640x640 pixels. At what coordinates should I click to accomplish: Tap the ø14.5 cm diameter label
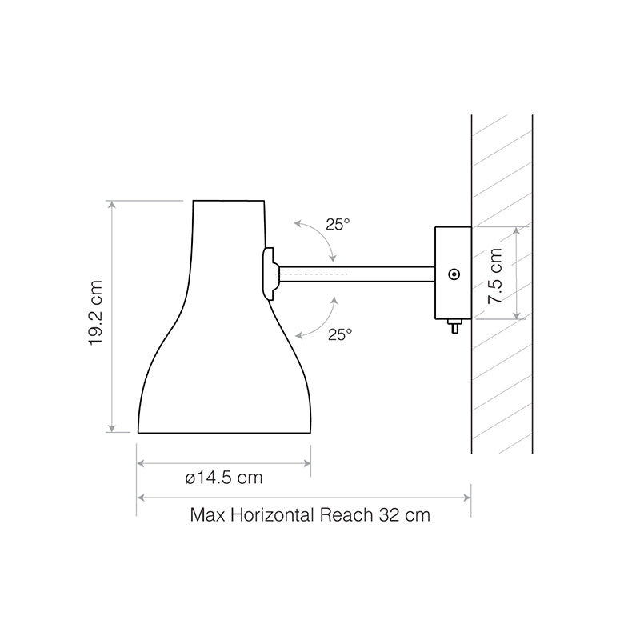coord(223,478)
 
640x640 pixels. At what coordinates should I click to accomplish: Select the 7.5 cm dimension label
coord(496,274)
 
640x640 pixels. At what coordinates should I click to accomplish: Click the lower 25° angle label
coord(339,334)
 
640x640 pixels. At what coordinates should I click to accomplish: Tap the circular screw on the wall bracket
coord(454,274)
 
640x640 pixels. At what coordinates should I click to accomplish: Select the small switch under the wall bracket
coord(454,326)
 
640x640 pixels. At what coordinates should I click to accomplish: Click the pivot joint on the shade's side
coord(270,274)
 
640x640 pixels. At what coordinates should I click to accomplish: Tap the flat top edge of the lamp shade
coord(228,200)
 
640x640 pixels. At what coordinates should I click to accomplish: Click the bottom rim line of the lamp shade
coord(224,434)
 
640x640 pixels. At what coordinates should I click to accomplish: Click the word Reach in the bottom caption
coord(346,514)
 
